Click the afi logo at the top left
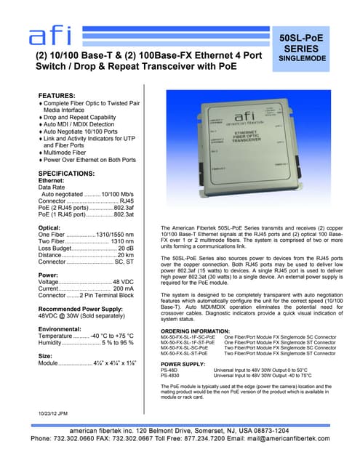pyautogui.click(x=53, y=35)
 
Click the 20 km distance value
pyautogui.click(x=124, y=255)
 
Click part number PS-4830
pyautogui.click(x=169, y=375)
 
